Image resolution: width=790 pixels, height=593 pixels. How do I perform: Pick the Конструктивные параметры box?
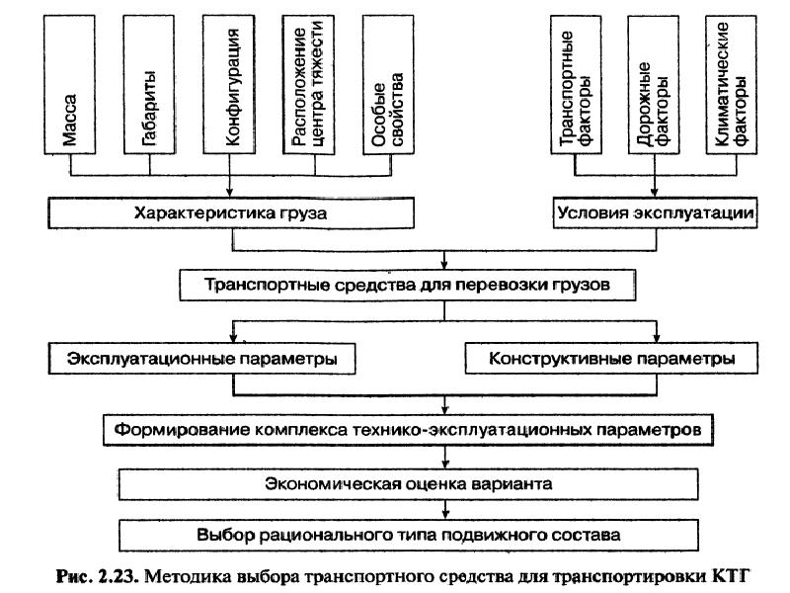pyautogui.click(x=611, y=358)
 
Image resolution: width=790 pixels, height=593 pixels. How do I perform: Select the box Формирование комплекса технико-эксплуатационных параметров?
pyautogui.click(x=407, y=431)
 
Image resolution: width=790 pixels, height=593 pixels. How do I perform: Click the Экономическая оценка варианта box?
pyautogui.click(x=407, y=483)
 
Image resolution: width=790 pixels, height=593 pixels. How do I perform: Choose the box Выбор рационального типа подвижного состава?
pyautogui.click(x=407, y=535)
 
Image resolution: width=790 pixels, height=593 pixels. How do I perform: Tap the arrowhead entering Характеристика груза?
pyautogui.click(x=229, y=194)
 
